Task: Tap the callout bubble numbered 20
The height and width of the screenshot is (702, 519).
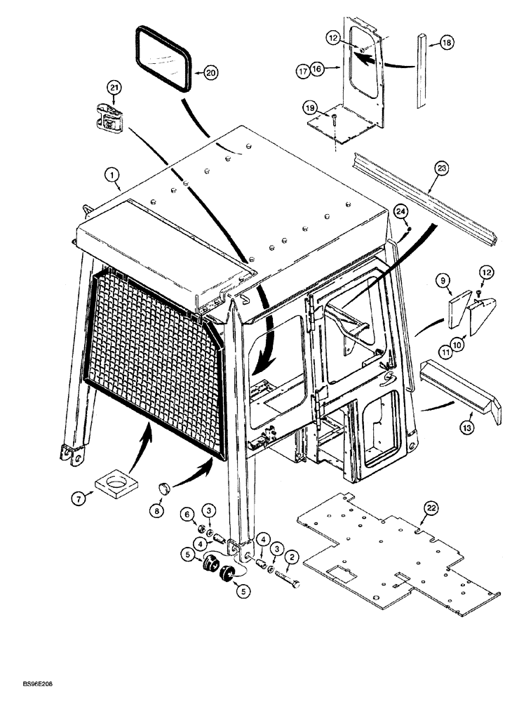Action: (210, 72)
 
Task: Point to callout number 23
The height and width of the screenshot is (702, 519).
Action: (440, 168)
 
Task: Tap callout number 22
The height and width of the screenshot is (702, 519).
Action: (431, 507)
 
